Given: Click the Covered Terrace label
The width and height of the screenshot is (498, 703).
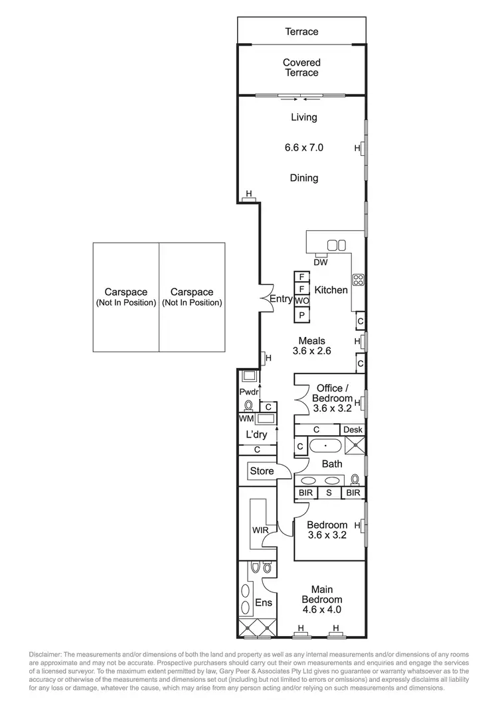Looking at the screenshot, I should click(x=301, y=68).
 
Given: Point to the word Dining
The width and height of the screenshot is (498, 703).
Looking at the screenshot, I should click(x=303, y=178).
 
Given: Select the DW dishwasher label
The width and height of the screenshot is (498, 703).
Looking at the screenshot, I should click(x=321, y=262).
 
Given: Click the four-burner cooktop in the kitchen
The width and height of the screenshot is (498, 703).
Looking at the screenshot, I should click(x=358, y=280).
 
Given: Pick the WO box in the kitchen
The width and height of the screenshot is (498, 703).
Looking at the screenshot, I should click(x=301, y=301).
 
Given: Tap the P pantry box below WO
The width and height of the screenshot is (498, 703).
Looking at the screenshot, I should click(x=301, y=316).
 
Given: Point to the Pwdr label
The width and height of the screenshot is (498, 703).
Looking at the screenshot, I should click(x=248, y=392).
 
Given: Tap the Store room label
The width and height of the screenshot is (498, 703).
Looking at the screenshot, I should click(x=261, y=472).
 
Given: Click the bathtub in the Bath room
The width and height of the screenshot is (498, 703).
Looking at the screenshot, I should click(x=325, y=446).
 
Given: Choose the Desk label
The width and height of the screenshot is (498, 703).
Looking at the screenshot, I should click(x=353, y=430).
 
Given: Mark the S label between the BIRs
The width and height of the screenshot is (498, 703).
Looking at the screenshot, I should click(x=328, y=493).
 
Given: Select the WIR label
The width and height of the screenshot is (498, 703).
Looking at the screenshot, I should click(x=259, y=531).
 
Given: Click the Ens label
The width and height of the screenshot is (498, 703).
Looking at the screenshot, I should click(x=264, y=604).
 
